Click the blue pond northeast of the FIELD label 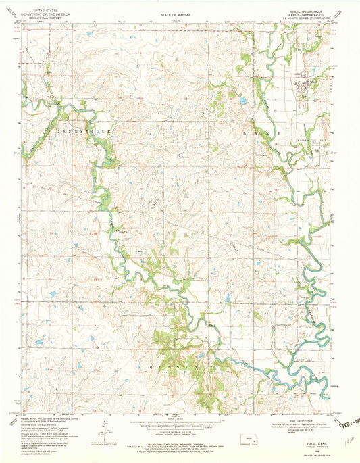click(241, 101)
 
